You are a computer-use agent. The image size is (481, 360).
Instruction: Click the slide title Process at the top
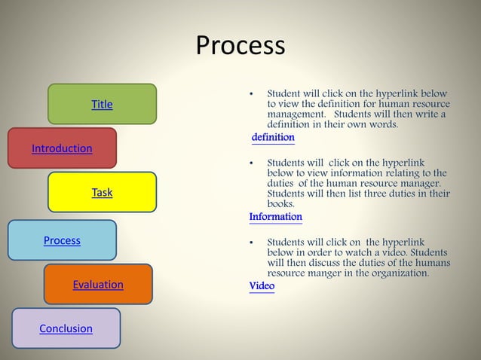[x=240, y=46]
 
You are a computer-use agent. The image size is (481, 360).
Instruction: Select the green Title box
[x=102, y=104]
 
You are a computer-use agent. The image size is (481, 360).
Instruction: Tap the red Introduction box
[x=62, y=148]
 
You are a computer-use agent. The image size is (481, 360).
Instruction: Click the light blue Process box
[x=62, y=240]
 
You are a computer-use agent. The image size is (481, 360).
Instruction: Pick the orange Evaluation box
[x=98, y=284]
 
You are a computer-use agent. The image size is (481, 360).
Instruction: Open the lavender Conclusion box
[x=66, y=328]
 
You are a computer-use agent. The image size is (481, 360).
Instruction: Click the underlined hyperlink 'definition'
[x=273, y=138]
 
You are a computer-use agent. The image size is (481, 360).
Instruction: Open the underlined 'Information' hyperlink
[x=275, y=217]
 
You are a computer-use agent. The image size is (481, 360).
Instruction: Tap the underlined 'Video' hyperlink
[x=262, y=286]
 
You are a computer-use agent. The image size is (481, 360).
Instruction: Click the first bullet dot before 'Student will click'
[x=251, y=94]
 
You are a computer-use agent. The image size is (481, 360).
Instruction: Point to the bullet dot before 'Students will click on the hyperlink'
[x=251, y=163]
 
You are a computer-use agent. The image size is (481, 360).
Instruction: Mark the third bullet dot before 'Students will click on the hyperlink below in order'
[x=251, y=243]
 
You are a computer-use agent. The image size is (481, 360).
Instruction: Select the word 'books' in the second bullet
[x=281, y=204]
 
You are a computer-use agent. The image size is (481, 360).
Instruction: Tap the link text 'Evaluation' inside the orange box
[x=98, y=285]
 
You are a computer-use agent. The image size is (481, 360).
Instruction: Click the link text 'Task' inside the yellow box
[x=102, y=193]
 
